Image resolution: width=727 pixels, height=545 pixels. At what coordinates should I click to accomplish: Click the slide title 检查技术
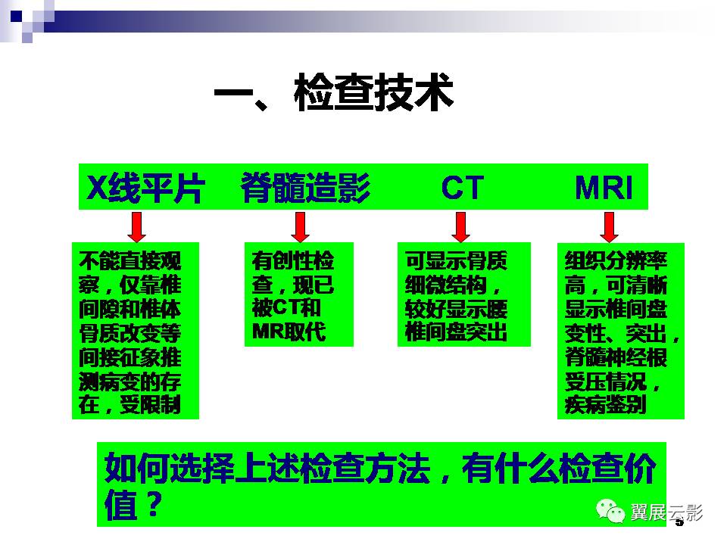[x=373, y=92]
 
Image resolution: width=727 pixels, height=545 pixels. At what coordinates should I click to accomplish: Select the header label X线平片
[x=145, y=188]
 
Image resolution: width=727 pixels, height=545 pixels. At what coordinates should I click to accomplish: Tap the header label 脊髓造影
[x=305, y=188]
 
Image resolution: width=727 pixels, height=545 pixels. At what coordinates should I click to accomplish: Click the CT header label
[x=462, y=188]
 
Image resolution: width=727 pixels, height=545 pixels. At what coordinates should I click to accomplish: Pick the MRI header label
[x=604, y=188]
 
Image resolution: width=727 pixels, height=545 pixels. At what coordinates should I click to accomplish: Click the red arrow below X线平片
[x=137, y=226]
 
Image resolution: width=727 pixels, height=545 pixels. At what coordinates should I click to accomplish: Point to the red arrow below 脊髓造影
[x=301, y=226]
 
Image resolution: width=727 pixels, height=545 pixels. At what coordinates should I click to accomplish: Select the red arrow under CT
[x=461, y=226]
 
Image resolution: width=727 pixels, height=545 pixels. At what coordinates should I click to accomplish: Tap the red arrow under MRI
[x=609, y=226]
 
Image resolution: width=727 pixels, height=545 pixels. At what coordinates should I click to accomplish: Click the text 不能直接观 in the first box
[x=129, y=260]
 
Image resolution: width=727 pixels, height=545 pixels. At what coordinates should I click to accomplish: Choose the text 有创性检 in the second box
[x=293, y=260]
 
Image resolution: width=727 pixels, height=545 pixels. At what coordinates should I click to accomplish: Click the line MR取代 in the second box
[x=289, y=332]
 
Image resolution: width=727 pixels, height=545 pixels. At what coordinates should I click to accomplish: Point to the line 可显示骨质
[x=456, y=260]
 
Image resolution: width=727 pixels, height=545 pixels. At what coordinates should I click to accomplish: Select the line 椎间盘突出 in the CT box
[x=456, y=332]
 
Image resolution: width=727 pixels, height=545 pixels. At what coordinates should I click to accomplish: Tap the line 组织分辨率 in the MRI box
[x=616, y=260]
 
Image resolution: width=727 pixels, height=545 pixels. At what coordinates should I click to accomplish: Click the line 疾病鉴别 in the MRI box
[x=606, y=405]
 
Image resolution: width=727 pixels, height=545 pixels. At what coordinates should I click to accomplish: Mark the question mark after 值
[x=154, y=504]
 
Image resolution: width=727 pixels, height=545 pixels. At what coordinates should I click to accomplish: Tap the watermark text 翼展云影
[x=666, y=512]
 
